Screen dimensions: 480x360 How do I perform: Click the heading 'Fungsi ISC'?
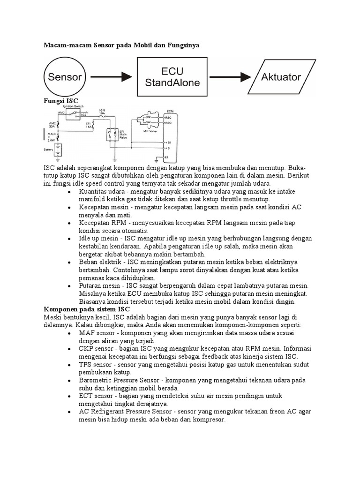(x=60, y=101)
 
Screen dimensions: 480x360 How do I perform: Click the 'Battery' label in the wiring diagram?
(x=49, y=150)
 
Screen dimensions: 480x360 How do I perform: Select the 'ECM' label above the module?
(x=170, y=112)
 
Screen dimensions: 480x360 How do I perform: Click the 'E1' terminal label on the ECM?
(x=166, y=157)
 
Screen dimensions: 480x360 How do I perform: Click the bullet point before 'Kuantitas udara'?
(x=69, y=192)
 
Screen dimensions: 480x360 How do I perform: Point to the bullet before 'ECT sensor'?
(x=69, y=397)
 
